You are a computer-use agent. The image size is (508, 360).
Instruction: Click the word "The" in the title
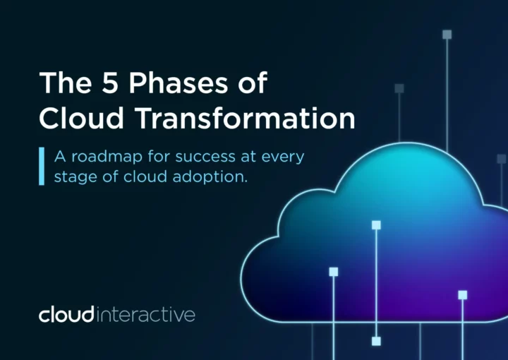(x=65, y=83)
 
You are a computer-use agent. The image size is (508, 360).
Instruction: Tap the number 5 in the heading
(x=109, y=83)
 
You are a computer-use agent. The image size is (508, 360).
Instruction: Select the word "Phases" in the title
(x=179, y=83)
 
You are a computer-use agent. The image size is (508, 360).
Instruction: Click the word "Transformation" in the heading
(x=246, y=118)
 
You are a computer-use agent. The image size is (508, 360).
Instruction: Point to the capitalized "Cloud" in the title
(x=81, y=118)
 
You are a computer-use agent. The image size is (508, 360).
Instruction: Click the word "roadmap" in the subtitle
(x=107, y=157)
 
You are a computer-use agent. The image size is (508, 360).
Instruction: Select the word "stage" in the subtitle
(x=75, y=178)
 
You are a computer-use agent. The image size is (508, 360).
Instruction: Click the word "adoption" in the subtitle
(x=208, y=177)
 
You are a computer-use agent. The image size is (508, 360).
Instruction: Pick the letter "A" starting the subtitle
(x=60, y=157)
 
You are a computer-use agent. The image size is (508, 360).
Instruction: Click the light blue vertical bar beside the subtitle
(x=42, y=166)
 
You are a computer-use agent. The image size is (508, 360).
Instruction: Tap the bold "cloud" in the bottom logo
(x=66, y=314)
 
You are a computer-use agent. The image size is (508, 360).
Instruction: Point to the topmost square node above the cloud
(x=447, y=35)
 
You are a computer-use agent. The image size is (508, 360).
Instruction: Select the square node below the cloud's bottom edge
(x=376, y=341)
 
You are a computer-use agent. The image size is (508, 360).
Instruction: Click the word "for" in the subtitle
(x=159, y=156)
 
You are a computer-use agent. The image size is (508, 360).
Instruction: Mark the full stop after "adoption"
(x=246, y=182)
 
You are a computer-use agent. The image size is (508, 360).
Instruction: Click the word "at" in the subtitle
(x=248, y=157)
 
